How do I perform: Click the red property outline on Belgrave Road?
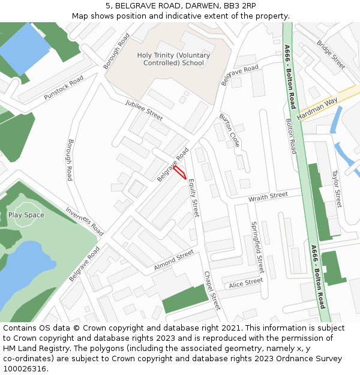179,172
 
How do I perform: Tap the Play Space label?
26,215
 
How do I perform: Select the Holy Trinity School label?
173,59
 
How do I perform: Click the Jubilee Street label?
144,110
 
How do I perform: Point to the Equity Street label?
193,197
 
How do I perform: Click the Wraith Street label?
268,197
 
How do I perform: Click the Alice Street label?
245,282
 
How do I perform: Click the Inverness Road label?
85,221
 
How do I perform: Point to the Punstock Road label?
63,89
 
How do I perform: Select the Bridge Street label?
331,55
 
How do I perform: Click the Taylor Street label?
337,188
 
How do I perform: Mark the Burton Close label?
229,130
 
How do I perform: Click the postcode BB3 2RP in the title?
239,5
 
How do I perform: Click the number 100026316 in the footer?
25,368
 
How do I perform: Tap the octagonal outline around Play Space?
27,205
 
